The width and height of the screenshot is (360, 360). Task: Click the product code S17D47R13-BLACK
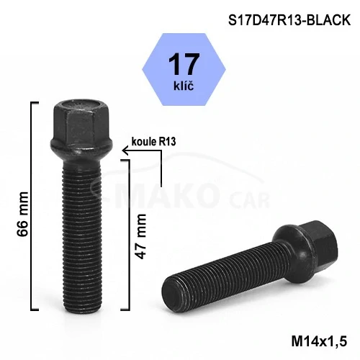pos(289,20)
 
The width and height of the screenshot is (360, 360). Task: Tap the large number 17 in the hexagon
pos(184,64)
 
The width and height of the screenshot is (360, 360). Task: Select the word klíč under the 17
pos(184,85)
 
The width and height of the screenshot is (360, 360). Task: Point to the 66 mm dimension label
pos(23,214)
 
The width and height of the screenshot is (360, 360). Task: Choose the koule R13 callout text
pos(153,142)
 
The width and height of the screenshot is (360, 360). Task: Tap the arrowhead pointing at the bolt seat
pos(125,150)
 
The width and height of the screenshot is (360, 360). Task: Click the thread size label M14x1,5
pos(319,341)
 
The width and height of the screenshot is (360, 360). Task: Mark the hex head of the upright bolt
pos(81,122)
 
